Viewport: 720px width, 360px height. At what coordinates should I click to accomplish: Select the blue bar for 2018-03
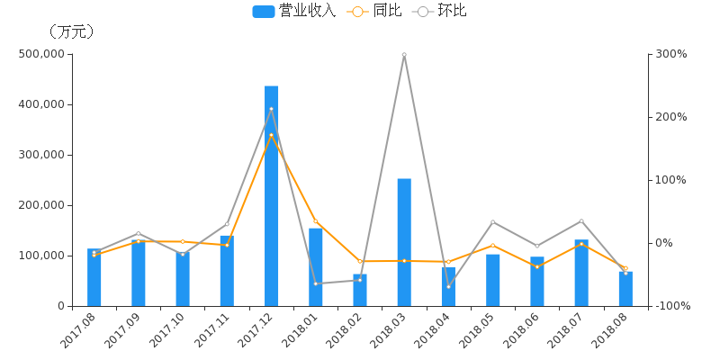coord(404,242)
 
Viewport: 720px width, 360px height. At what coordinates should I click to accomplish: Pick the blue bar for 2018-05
coord(493,280)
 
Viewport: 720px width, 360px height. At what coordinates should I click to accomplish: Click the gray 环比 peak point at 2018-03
coord(404,54)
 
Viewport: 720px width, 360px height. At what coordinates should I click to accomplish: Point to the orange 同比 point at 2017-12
coord(272,135)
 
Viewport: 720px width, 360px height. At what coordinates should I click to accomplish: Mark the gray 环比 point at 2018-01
coord(316,283)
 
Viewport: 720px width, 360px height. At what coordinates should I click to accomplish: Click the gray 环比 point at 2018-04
coord(448,286)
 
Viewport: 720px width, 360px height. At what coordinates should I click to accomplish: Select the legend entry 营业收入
coord(294,11)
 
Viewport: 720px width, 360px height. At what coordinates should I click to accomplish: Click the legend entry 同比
coord(375,11)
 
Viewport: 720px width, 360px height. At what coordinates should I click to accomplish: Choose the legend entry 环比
coord(440,11)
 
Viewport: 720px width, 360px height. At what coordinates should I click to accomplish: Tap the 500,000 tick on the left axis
coord(41,54)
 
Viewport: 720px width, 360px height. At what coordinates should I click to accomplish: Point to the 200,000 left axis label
coord(41,205)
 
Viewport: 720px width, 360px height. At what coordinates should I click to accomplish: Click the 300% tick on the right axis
coord(670,54)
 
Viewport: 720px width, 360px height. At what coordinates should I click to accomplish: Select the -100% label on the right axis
coord(672,306)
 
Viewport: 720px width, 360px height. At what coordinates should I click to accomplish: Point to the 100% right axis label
coord(670,180)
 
